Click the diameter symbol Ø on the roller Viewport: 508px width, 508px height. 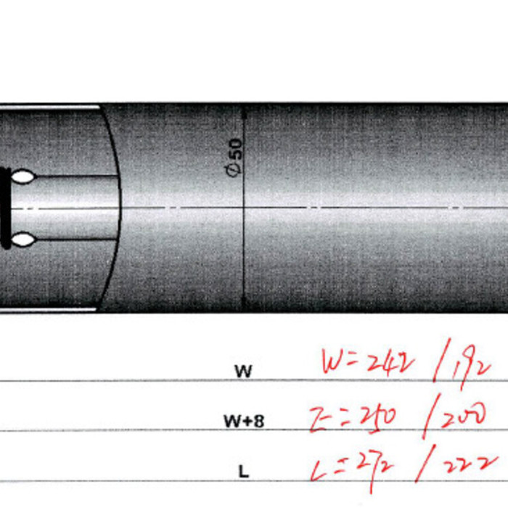[x=234, y=171]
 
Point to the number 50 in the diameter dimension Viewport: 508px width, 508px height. [x=234, y=151]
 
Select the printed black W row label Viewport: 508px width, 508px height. [x=244, y=371]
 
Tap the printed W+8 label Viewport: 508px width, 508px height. [x=243, y=420]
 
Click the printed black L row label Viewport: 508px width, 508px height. [x=244, y=471]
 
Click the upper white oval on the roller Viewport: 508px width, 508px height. [x=22, y=176]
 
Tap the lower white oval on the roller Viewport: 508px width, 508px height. [x=22, y=239]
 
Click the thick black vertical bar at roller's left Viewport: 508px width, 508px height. [x=6, y=208]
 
